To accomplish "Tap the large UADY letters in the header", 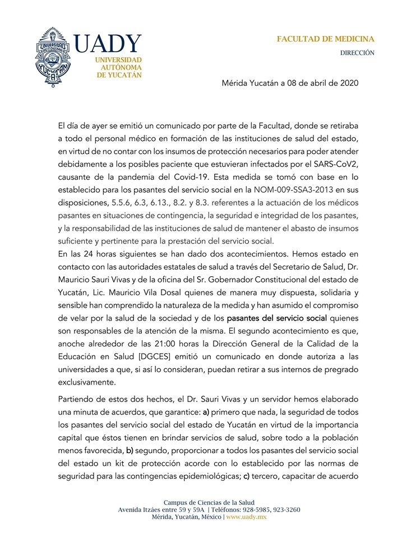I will [107, 44].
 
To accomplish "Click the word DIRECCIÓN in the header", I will [358, 53].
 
